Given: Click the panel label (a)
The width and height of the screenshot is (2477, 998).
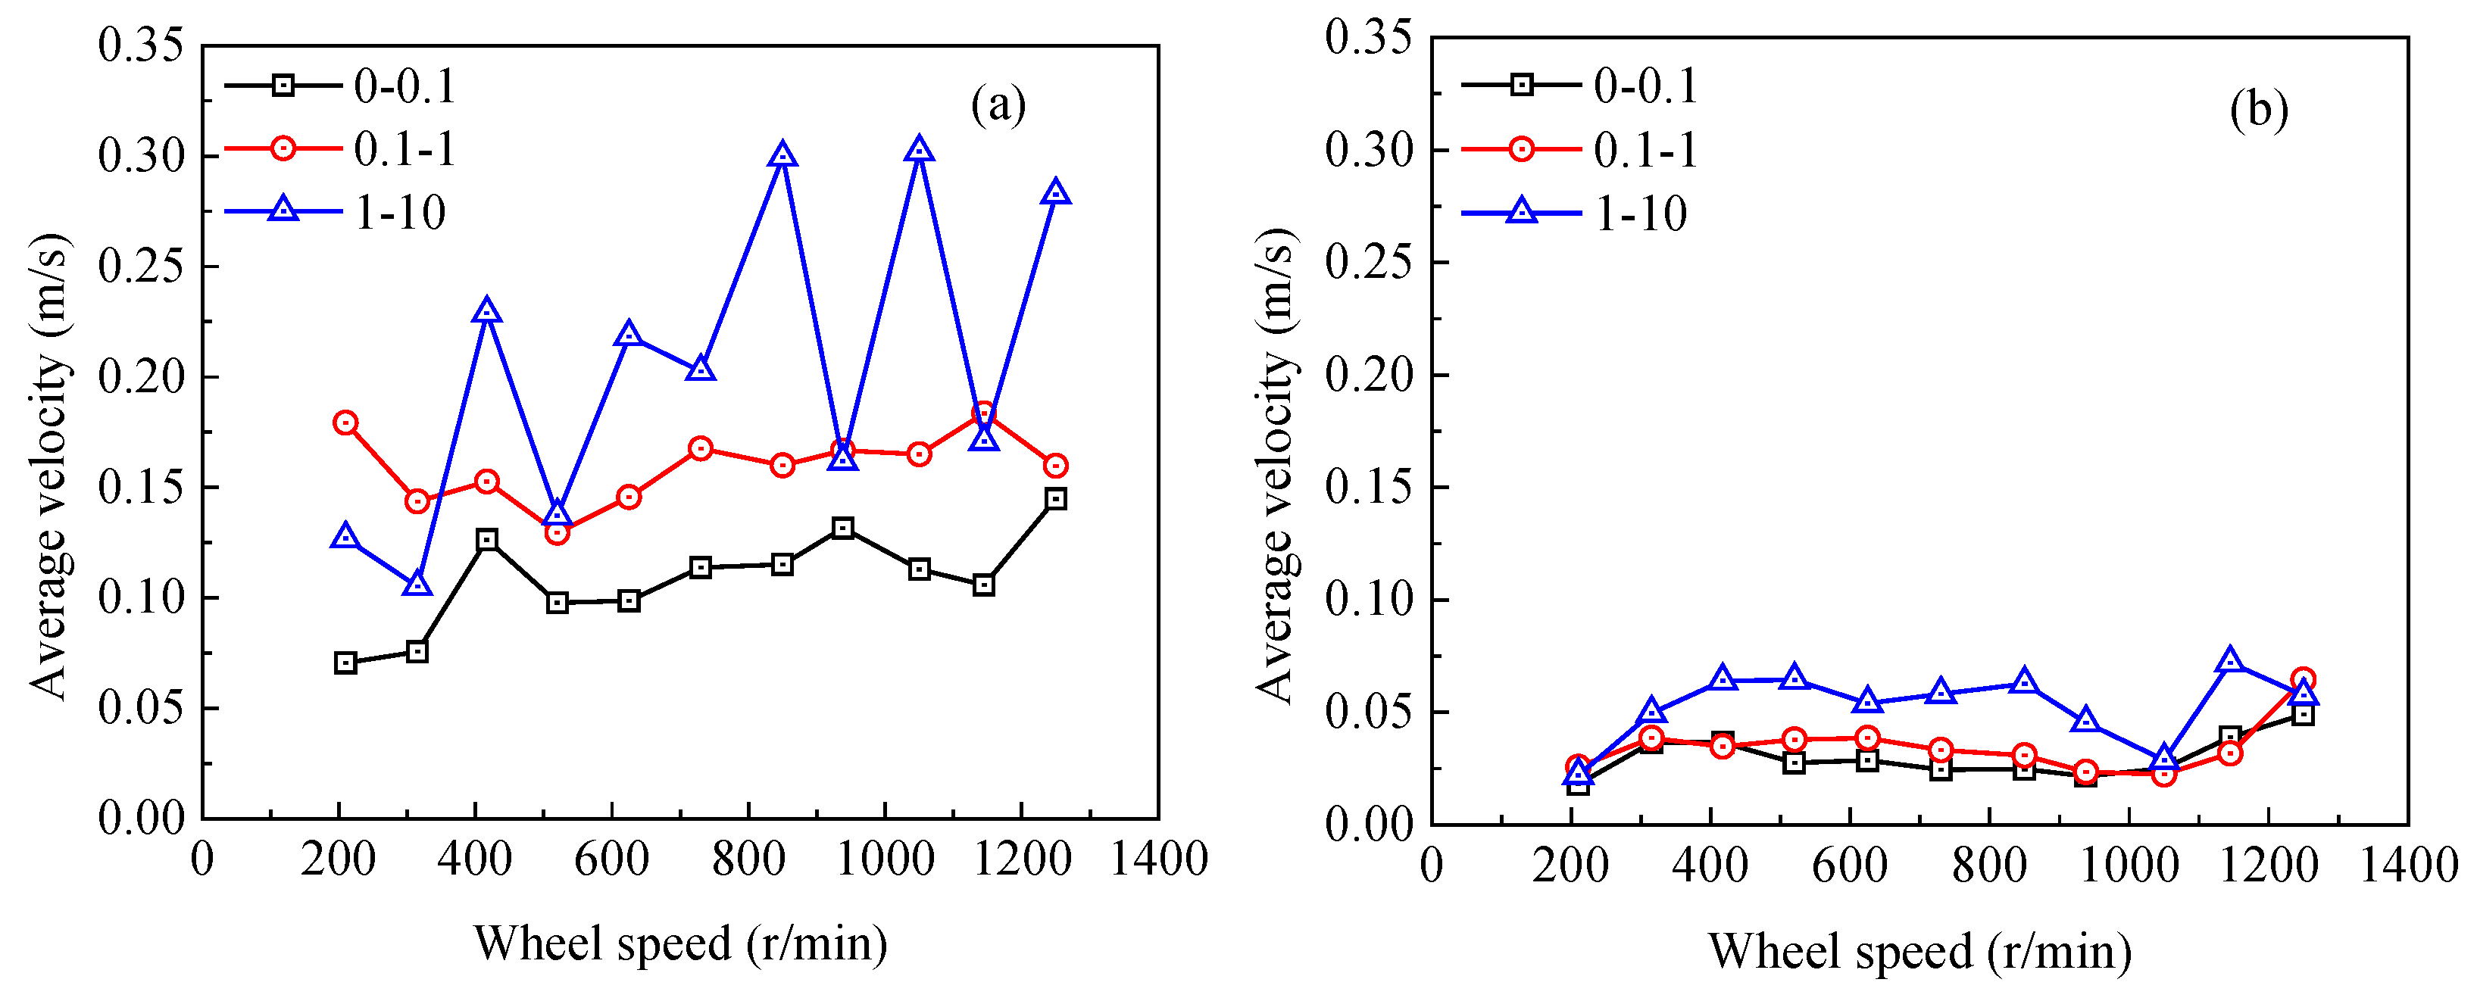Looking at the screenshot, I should [x=998, y=104].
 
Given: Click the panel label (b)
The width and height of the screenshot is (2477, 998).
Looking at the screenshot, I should [x=2259, y=110].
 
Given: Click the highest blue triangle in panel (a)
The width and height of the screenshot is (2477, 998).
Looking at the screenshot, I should [x=920, y=150].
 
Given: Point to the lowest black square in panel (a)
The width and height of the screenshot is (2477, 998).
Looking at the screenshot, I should [x=345, y=663].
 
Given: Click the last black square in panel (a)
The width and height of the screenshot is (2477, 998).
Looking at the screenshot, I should [x=1056, y=498].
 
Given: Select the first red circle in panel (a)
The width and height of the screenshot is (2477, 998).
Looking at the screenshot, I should [x=345, y=423].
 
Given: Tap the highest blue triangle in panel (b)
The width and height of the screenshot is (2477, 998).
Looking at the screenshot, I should [x=2231, y=660].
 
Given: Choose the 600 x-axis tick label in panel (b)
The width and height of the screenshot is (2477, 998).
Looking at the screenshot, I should [x=1849, y=865].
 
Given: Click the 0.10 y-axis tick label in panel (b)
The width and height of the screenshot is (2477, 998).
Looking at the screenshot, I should [x=1370, y=600].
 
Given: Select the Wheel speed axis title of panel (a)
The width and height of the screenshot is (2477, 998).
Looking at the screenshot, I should [x=679, y=943].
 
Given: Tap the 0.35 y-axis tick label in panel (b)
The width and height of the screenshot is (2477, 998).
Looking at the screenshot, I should [x=1370, y=39].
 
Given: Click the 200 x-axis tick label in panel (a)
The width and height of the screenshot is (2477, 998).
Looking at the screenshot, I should [x=339, y=859].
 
